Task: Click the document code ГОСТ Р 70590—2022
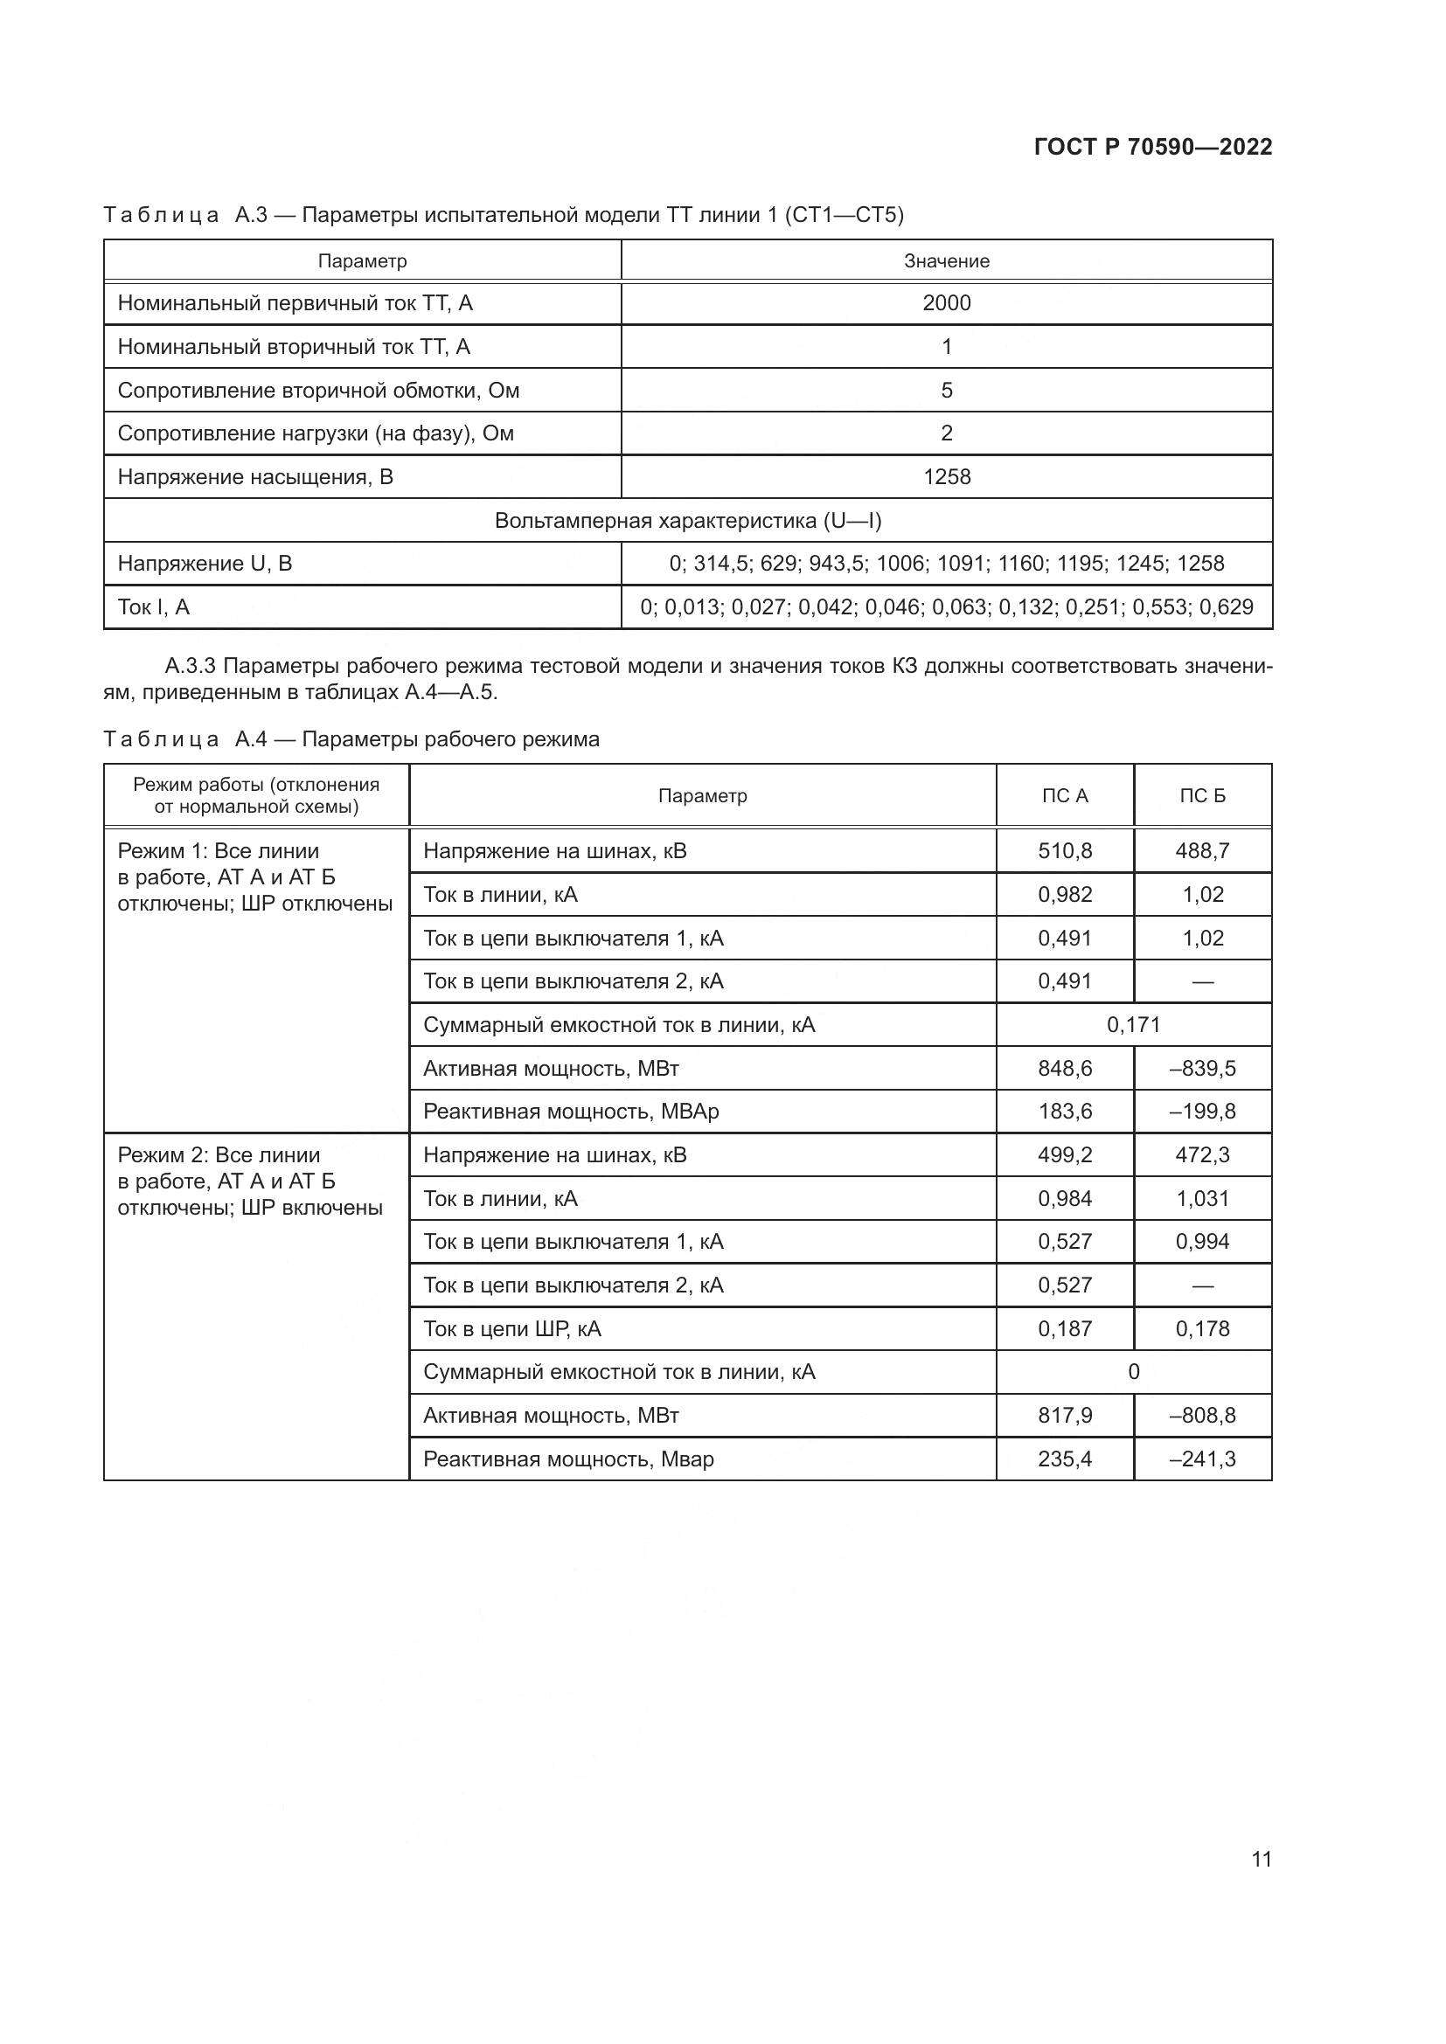[1152, 147]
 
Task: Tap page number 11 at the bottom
[1261, 1859]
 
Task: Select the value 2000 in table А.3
[946, 303]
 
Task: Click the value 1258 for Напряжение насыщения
[946, 477]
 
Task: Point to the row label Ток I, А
[154, 607]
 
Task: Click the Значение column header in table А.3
[946, 260]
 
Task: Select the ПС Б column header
[1202, 796]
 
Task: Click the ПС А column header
[1065, 796]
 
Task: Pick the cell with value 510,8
[1065, 851]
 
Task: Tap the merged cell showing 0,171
[1134, 1025]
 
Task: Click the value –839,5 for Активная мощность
[1202, 1068]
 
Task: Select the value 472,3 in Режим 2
[1202, 1155]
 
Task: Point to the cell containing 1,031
[1202, 1199]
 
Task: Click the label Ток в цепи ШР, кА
[512, 1329]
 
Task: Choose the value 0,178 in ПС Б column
[1202, 1329]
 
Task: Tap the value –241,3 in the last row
[1202, 1459]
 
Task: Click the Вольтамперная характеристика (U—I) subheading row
[687, 521]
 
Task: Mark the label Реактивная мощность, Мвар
[568, 1459]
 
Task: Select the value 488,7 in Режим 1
[1202, 851]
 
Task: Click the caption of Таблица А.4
[351, 739]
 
